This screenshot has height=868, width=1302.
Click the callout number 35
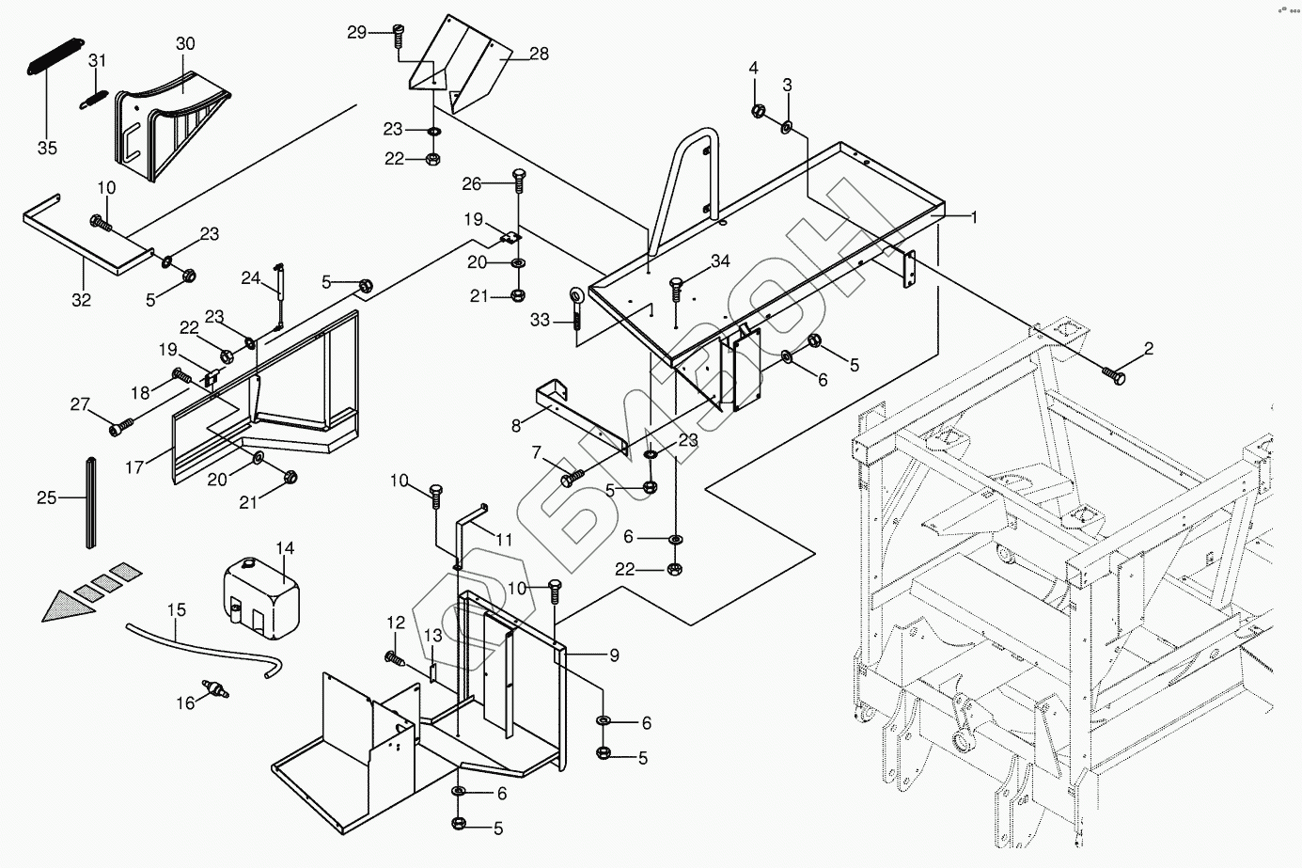click(x=47, y=149)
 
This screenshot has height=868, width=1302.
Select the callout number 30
click(x=185, y=43)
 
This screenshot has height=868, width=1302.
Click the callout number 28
click(x=539, y=54)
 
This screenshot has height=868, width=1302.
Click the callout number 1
click(x=975, y=217)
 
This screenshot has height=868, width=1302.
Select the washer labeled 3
click(x=787, y=126)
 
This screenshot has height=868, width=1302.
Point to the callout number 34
click(x=720, y=260)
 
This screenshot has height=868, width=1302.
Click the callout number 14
click(x=285, y=547)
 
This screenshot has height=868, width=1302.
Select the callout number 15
click(x=177, y=610)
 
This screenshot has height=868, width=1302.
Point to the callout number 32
click(x=82, y=301)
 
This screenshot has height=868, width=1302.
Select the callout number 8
click(x=516, y=425)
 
